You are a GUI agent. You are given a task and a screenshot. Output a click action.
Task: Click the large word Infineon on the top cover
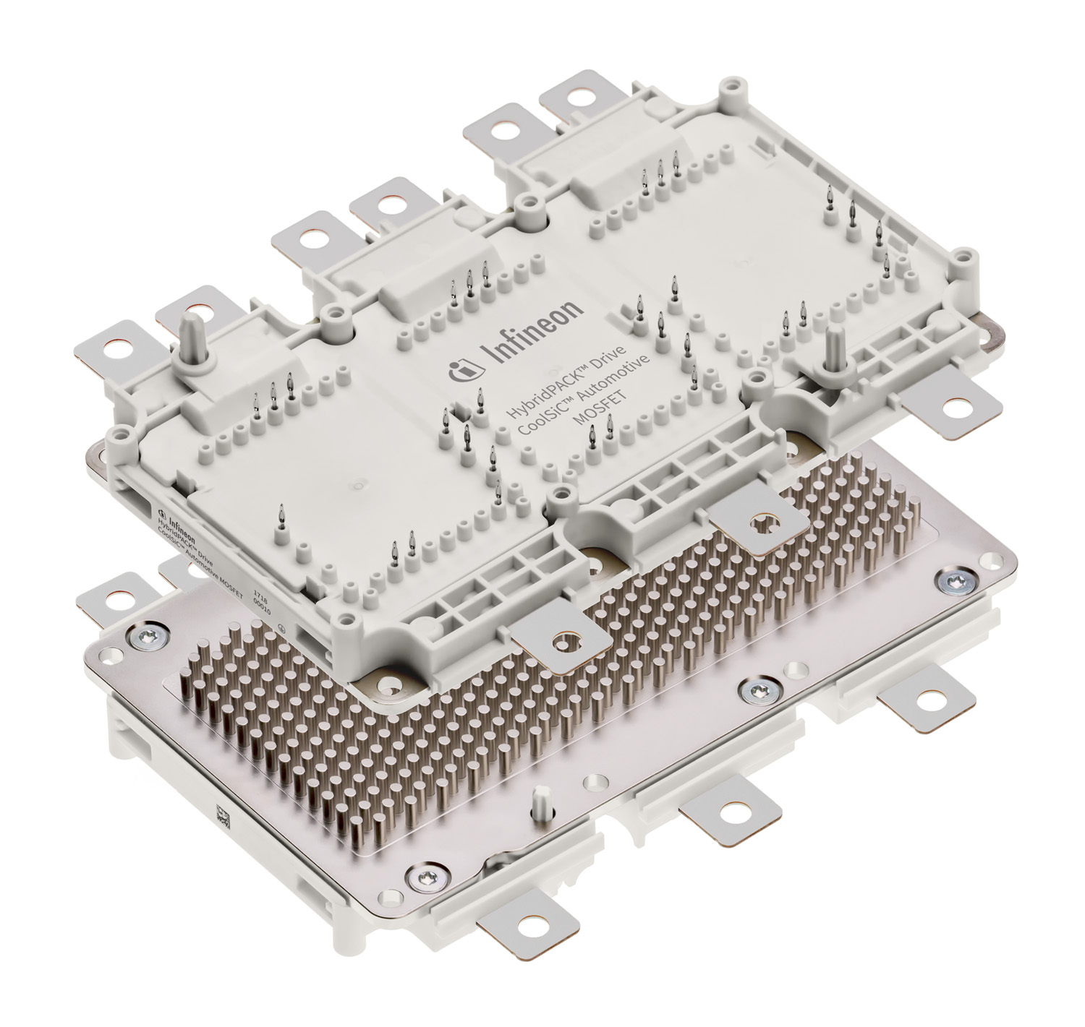point(532,332)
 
